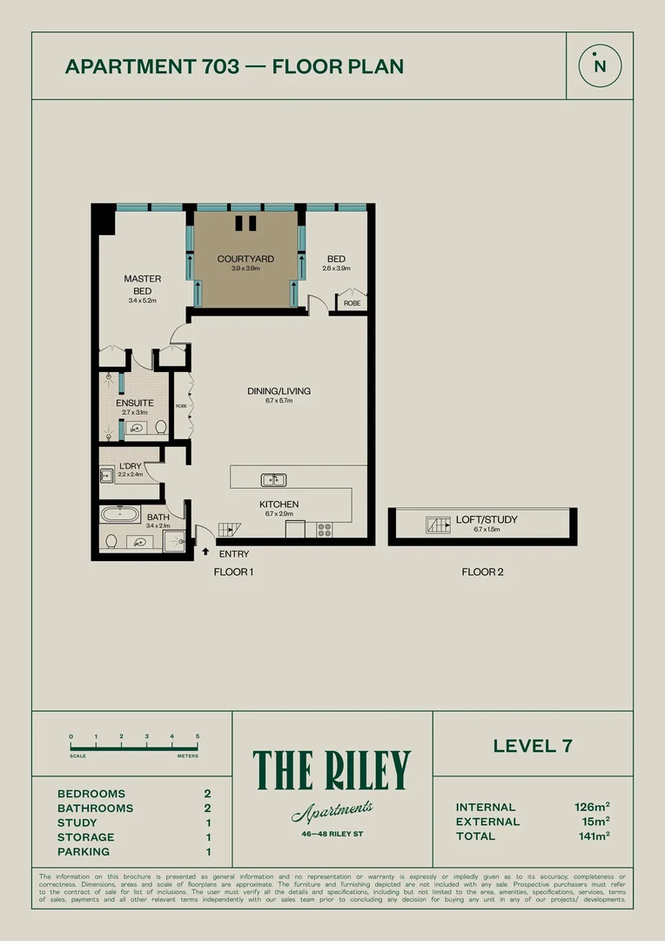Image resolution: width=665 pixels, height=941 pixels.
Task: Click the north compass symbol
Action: pyautogui.click(x=599, y=65)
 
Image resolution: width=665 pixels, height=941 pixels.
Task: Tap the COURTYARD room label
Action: pyautogui.click(x=245, y=259)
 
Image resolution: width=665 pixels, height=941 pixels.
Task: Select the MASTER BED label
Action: pyautogui.click(x=143, y=285)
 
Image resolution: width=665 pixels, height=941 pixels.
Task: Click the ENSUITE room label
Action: pyautogui.click(x=135, y=403)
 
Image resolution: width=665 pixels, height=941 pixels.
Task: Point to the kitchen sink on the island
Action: pyautogui.click(x=273, y=479)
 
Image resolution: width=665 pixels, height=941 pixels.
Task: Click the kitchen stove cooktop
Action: pyautogui.click(x=326, y=528)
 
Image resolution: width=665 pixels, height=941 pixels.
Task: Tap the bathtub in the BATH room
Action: pyautogui.click(x=120, y=515)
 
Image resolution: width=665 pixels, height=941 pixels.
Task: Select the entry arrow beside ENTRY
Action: pyautogui.click(x=205, y=551)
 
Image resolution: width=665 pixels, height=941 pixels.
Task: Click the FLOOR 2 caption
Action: pyautogui.click(x=482, y=572)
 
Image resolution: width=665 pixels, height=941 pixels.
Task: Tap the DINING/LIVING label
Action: pyautogui.click(x=279, y=391)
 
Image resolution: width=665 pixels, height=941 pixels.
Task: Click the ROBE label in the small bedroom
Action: pyautogui.click(x=352, y=303)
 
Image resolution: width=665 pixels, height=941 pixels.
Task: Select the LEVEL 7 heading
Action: pyautogui.click(x=533, y=746)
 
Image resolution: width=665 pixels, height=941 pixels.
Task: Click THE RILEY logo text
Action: pyautogui.click(x=332, y=770)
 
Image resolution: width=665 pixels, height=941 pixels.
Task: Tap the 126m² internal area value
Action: pyautogui.click(x=592, y=808)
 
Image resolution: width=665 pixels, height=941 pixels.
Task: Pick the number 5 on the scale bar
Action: pyautogui.click(x=198, y=737)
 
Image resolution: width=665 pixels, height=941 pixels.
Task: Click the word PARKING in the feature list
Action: pyautogui.click(x=84, y=852)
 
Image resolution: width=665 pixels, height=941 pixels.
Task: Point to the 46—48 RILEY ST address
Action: pyautogui.click(x=332, y=834)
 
